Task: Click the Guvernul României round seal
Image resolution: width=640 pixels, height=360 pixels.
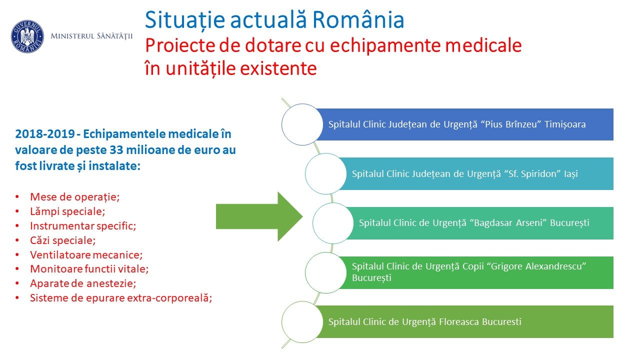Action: coord(27,36)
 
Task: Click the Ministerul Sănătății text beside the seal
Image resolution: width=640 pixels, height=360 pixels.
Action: coord(91,36)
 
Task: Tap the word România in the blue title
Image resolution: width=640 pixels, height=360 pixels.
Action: coord(358,19)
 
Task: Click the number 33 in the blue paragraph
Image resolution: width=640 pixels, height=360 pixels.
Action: coord(116,149)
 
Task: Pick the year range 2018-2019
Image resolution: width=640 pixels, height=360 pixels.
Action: coord(45,133)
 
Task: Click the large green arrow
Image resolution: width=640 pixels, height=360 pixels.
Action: coord(259,216)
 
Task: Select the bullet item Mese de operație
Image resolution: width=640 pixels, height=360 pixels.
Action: coord(75,197)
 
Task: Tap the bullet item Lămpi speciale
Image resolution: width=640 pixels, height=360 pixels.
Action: coord(67,211)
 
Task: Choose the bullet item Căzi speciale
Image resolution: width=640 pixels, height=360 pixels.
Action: coord(63,240)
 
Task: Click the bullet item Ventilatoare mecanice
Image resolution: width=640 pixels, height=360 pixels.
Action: coord(86,254)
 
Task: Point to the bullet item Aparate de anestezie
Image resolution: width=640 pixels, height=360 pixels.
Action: coord(83,283)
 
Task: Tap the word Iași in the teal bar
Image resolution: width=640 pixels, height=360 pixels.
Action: coord(570,173)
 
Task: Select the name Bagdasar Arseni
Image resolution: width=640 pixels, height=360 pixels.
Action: coord(508,223)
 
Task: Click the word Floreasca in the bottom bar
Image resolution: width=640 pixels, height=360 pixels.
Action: coord(459,321)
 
